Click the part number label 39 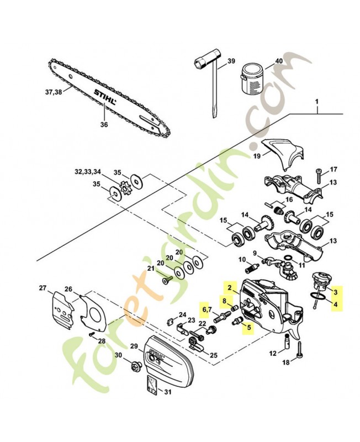[x=231, y=61]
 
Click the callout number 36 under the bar [x=104, y=124]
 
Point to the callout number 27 [x=43, y=288]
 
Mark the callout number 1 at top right [x=317, y=102]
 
